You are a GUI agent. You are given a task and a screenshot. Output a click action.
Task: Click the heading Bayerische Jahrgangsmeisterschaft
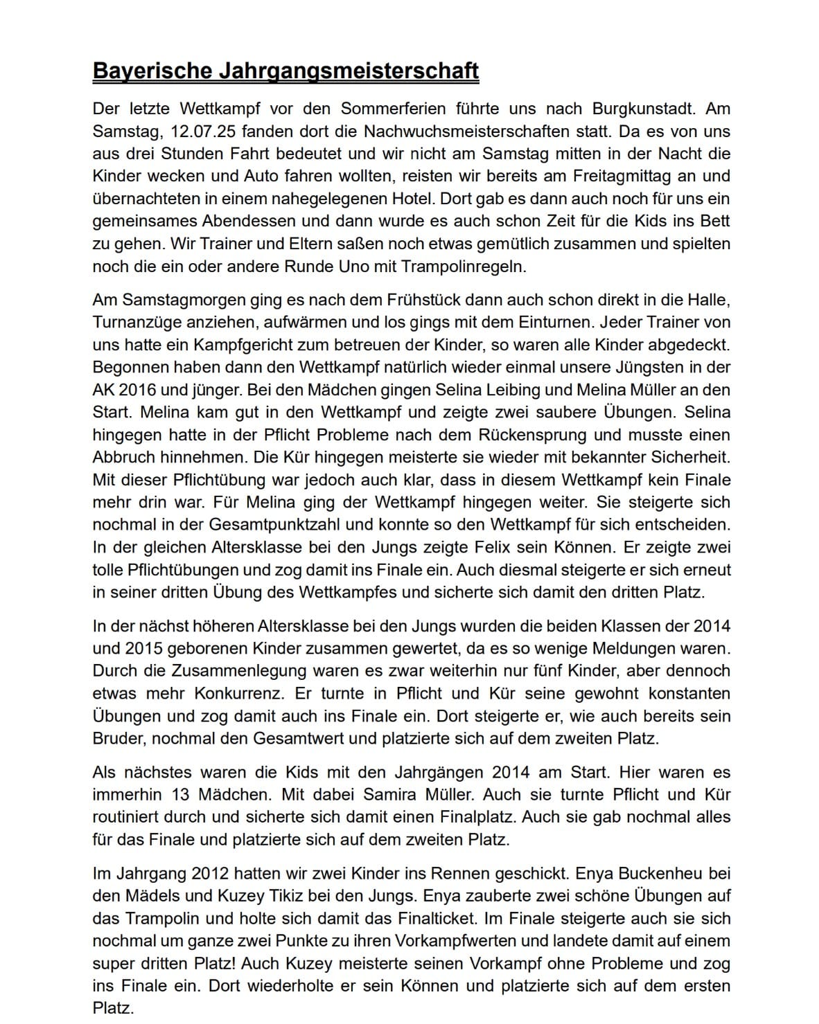pyautogui.click(x=285, y=71)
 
